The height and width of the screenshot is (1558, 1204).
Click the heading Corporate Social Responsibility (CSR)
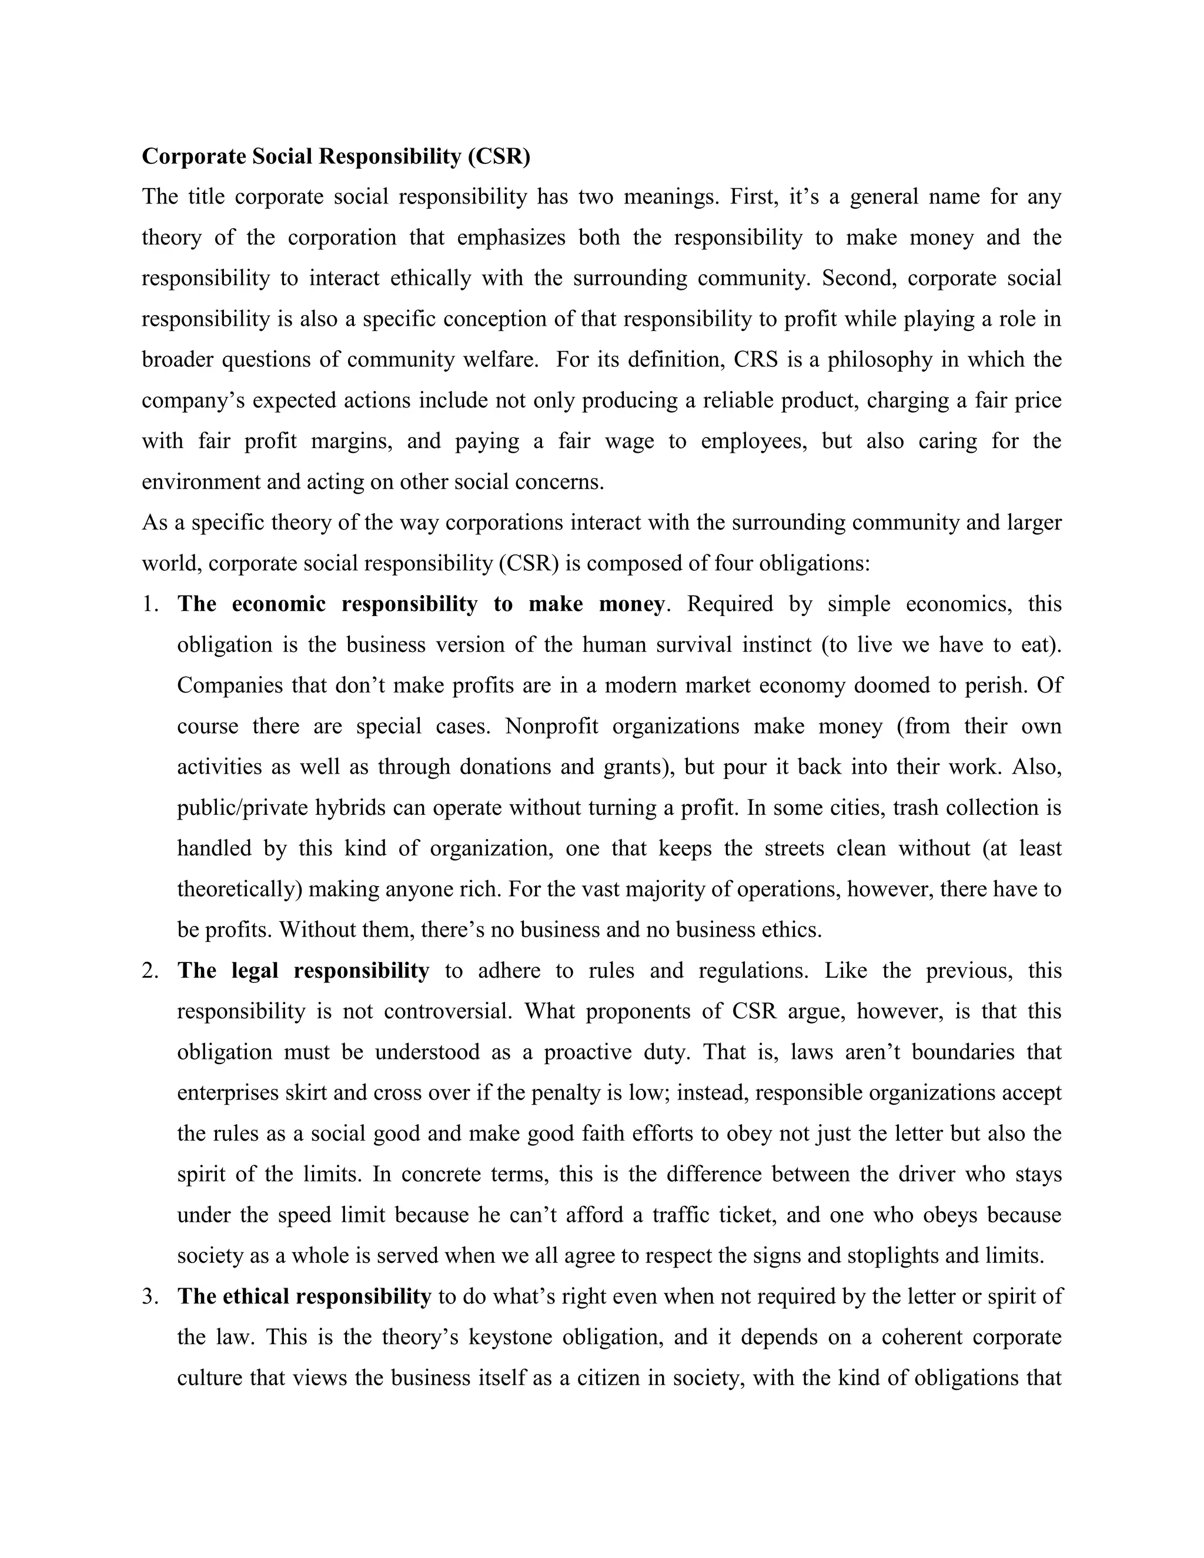coord(336,156)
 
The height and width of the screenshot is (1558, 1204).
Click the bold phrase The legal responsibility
coord(303,971)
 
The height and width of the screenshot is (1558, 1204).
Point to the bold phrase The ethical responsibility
coord(304,1297)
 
